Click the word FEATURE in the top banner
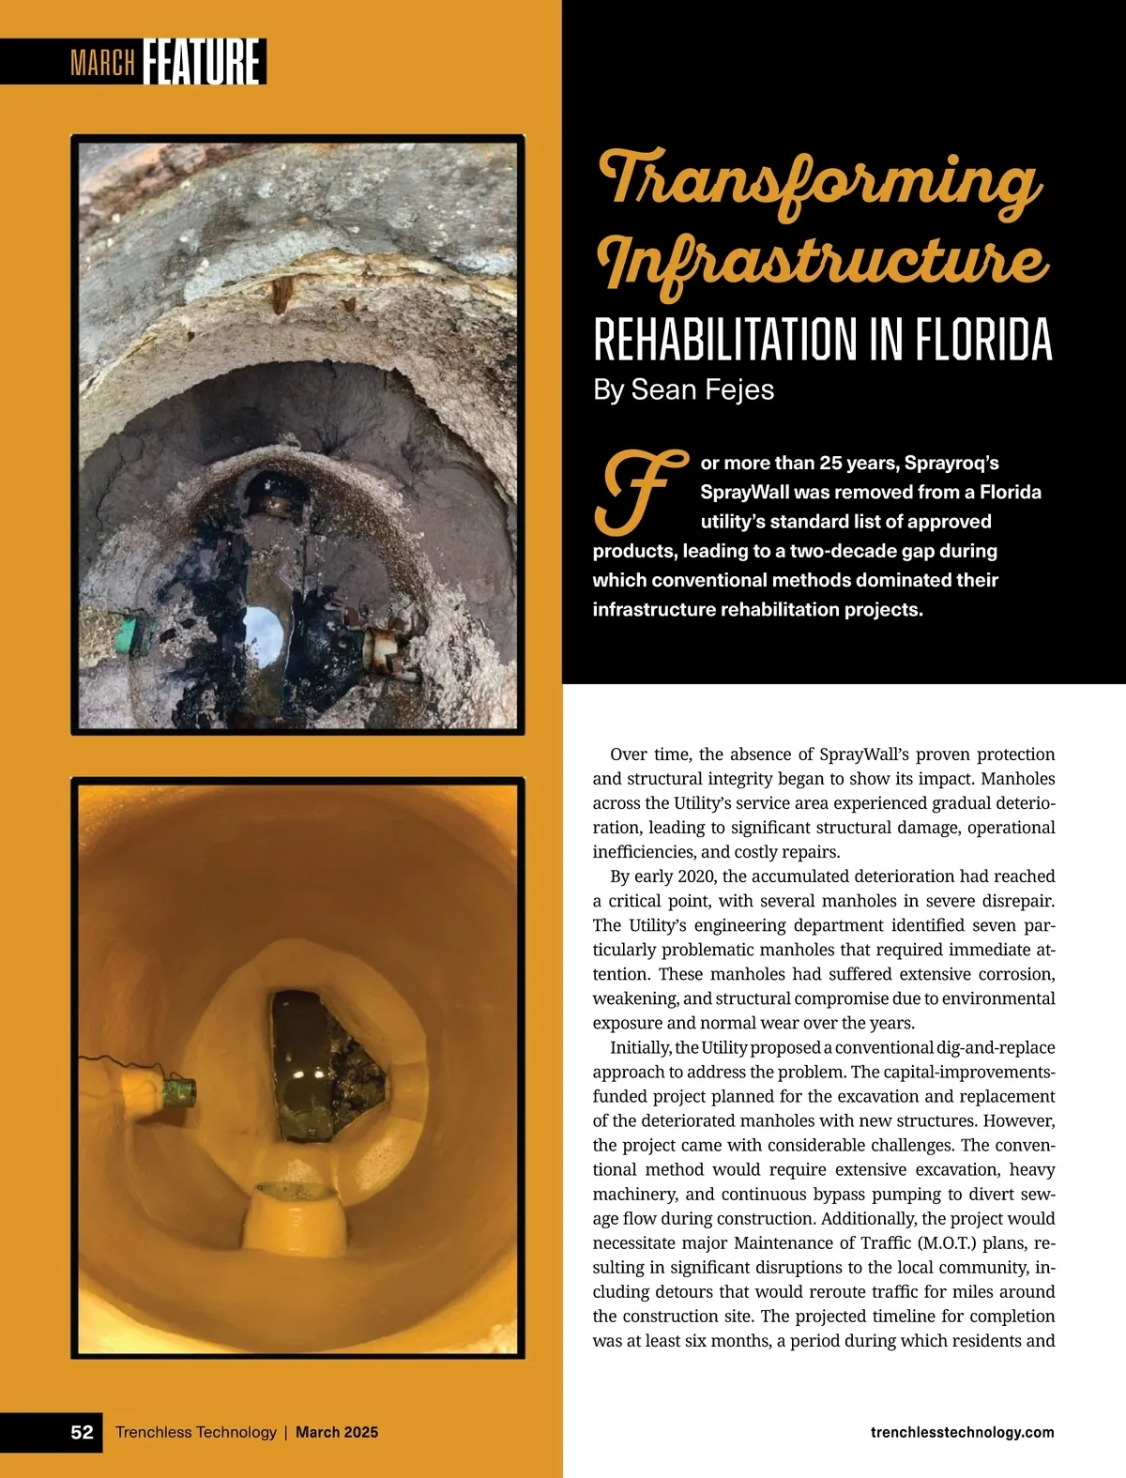203,62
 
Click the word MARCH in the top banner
102,64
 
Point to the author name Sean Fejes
702,389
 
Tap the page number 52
82,1432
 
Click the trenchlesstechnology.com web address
962,1432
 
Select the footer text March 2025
337,1432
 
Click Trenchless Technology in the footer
195,1432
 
